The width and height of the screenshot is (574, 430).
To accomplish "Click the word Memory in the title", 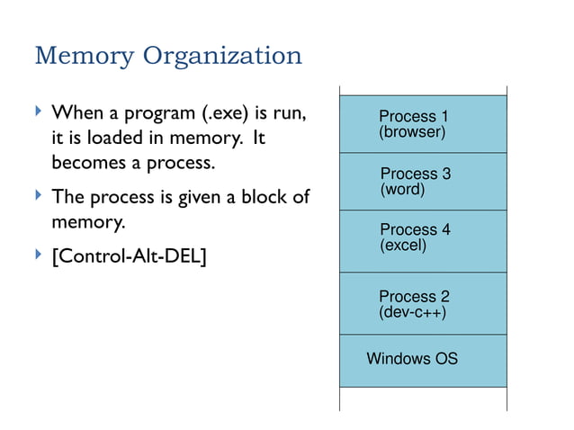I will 78,57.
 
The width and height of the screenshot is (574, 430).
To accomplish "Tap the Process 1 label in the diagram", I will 413,116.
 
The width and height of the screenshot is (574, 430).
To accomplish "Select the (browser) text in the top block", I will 412,132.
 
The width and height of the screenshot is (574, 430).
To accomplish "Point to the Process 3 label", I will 415,174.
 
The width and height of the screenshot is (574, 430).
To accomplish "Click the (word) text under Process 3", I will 402,190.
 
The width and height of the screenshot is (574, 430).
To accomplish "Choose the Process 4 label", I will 415,229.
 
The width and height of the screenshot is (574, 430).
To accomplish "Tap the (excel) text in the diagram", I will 403,246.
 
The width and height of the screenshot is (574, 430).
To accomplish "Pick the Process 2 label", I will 414,296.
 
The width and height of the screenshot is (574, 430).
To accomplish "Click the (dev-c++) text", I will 413,312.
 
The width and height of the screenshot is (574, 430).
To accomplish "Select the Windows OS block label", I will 412,358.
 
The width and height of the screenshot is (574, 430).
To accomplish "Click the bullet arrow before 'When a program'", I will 38,113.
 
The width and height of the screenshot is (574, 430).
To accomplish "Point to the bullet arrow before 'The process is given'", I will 38,195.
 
